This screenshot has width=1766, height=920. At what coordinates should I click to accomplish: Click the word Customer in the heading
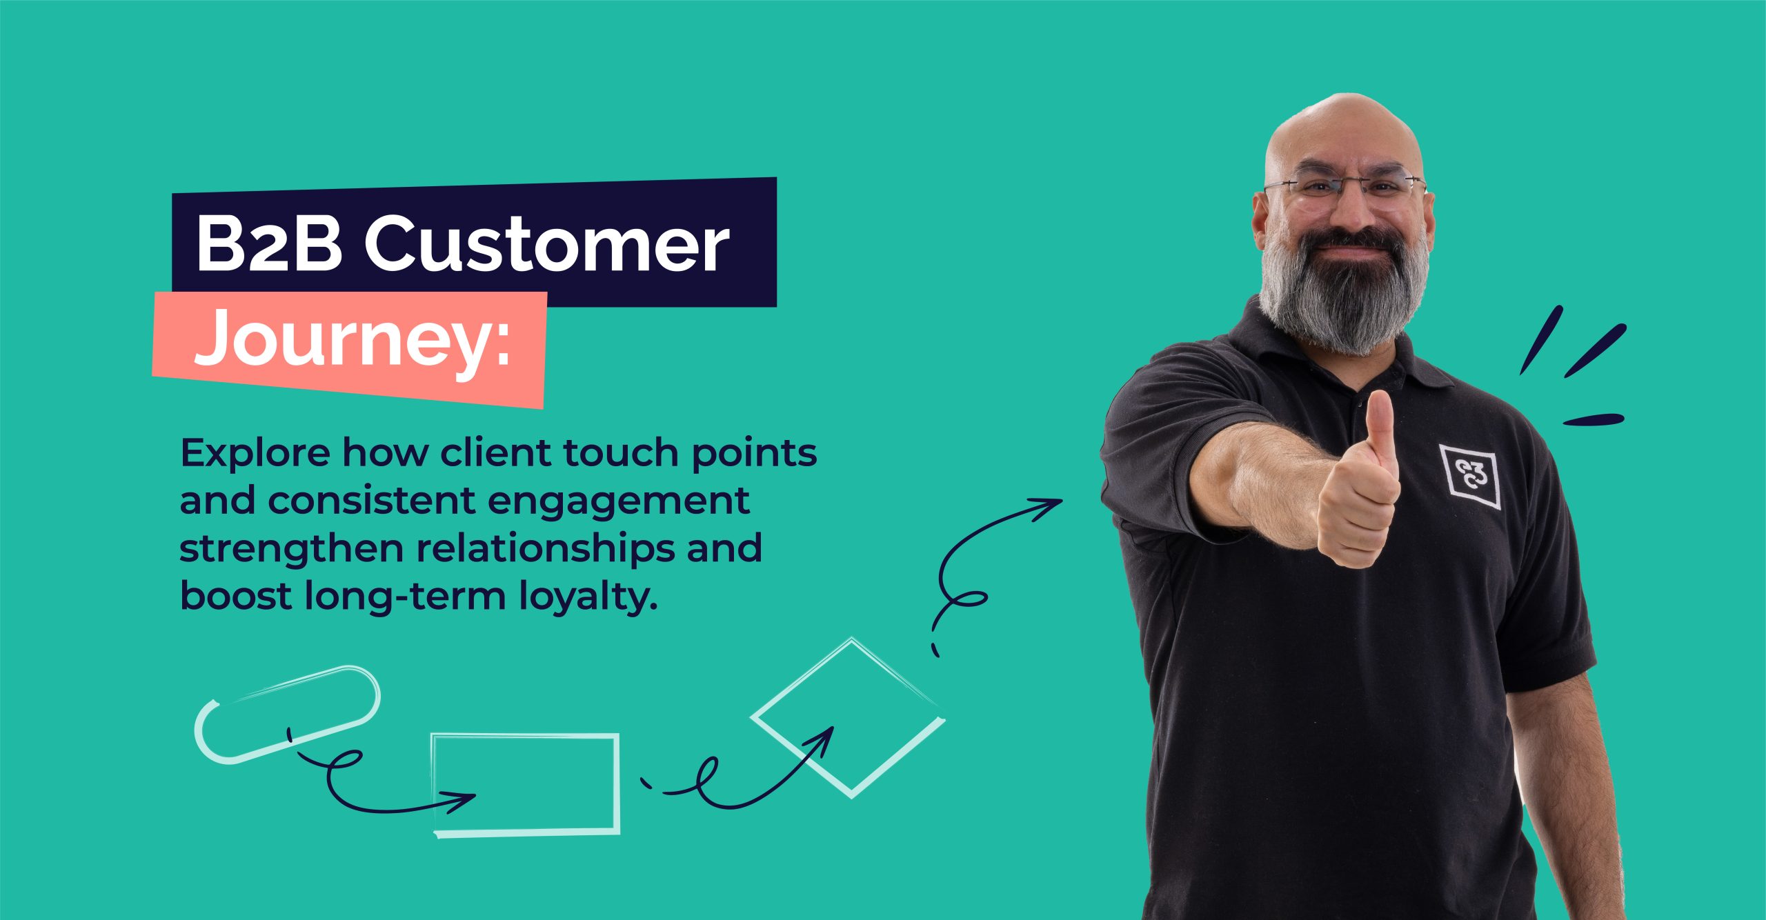(x=546, y=245)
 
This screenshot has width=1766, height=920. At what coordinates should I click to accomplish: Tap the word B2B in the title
(x=269, y=245)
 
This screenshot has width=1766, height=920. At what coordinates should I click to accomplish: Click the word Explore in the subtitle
(x=255, y=454)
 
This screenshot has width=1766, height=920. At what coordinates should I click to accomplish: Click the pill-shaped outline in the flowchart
(x=287, y=714)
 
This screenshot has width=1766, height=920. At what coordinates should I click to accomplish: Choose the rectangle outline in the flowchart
(x=526, y=785)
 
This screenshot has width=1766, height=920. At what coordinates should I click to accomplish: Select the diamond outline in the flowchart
(x=849, y=717)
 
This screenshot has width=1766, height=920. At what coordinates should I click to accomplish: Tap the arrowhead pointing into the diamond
(x=825, y=737)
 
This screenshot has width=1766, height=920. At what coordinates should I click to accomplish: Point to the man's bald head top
(x=1342, y=117)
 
